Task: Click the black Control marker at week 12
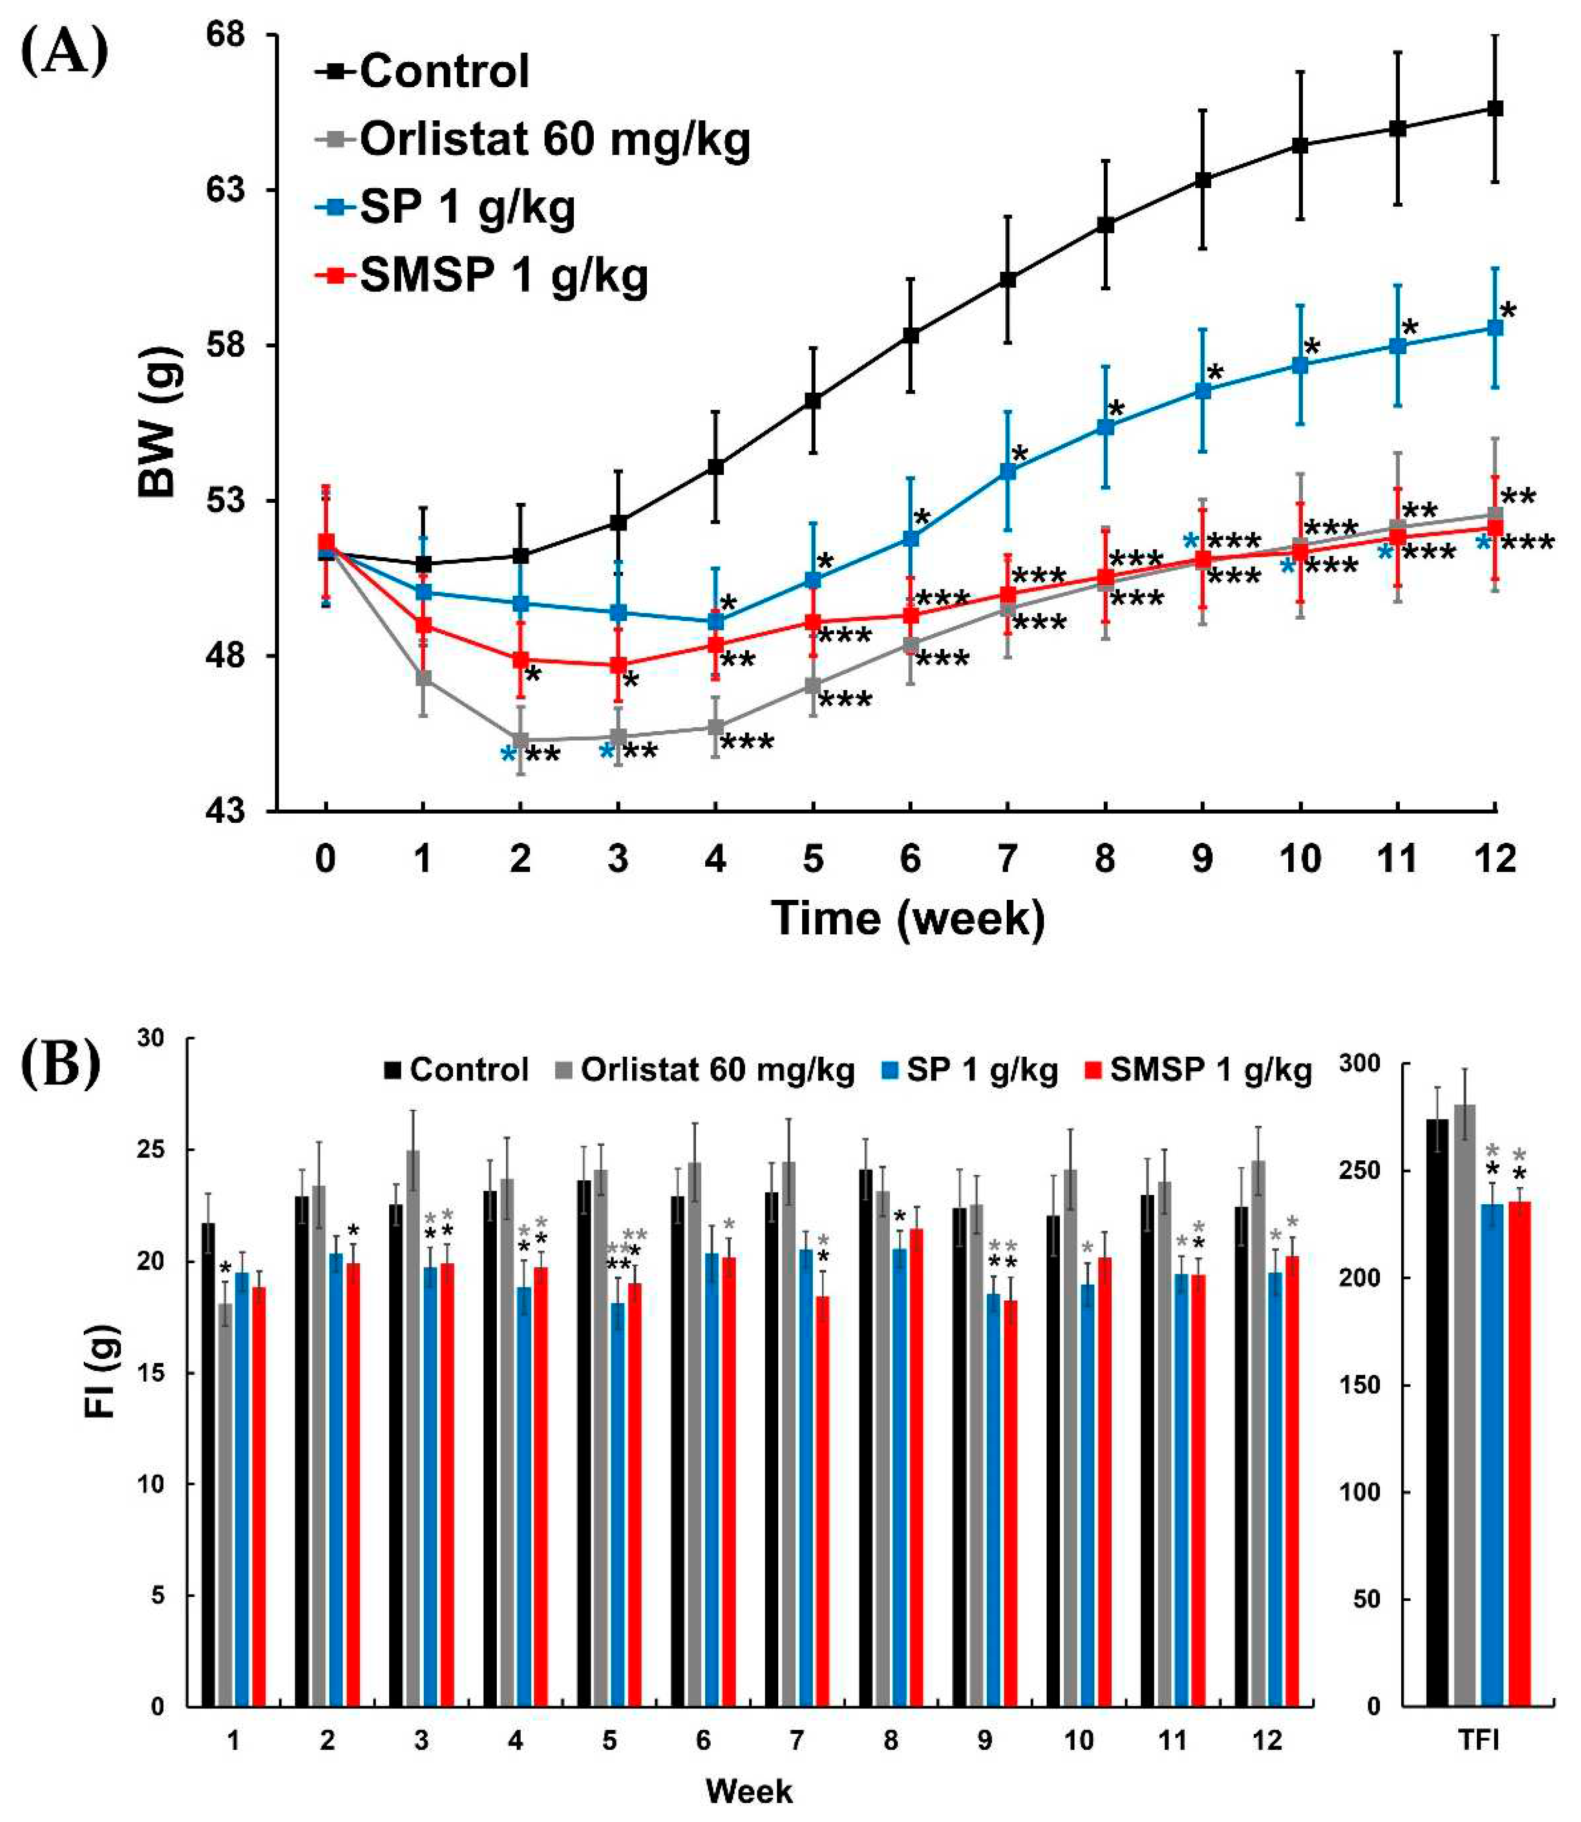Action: (x=1494, y=109)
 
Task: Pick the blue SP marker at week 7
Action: (x=1008, y=471)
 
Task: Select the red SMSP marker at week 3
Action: (x=619, y=665)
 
